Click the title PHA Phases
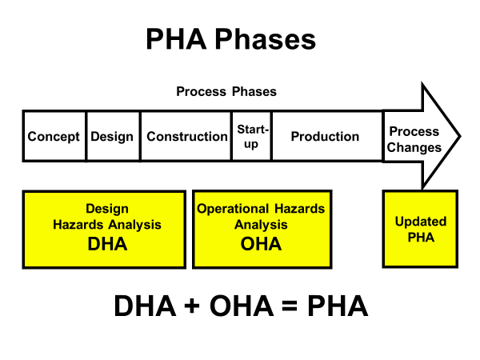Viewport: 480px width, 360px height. click(230, 39)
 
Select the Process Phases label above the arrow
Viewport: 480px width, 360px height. click(226, 91)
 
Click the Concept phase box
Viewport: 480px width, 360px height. click(54, 137)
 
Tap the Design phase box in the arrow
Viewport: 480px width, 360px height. click(112, 137)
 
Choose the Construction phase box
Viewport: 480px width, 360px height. click(186, 137)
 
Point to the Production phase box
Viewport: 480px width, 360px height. click(325, 137)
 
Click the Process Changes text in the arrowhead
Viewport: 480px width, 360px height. click(414, 139)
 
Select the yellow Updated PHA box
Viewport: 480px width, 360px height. click(420, 229)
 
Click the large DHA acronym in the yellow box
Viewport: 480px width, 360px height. click(106, 244)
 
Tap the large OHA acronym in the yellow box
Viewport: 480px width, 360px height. click(261, 244)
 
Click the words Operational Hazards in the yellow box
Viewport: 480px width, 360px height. click(261, 209)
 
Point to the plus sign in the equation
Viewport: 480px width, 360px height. click(202, 306)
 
